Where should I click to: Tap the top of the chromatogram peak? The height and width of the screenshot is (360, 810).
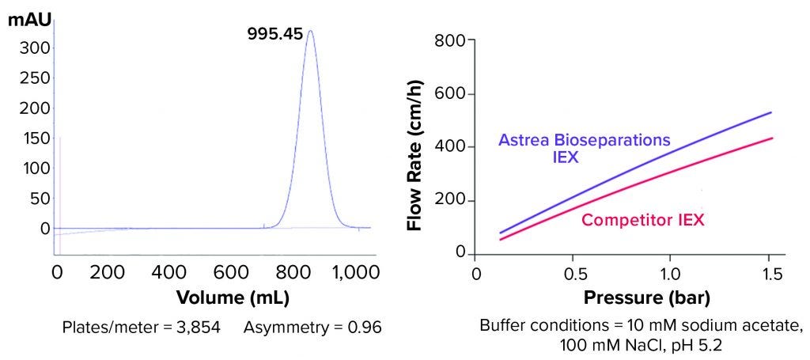coord(309,32)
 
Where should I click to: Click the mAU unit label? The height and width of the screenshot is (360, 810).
coord(28,19)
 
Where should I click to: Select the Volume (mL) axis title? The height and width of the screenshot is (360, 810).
coord(233,298)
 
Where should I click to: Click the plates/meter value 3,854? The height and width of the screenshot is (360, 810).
coord(199,326)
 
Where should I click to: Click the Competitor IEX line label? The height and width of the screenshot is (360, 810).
coord(643,219)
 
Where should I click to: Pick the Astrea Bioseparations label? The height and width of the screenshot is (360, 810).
coord(584,140)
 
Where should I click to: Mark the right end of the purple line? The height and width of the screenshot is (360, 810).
coord(771,112)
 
